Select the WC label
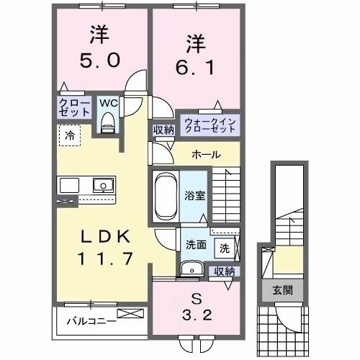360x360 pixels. [108, 103]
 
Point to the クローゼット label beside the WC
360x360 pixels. [75, 108]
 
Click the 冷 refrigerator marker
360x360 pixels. [71, 134]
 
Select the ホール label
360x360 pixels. [207, 155]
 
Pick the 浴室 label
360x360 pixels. [194, 194]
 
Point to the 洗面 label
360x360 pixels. [195, 244]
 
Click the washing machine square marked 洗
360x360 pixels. [225, 248]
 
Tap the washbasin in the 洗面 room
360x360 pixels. [192, 269]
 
